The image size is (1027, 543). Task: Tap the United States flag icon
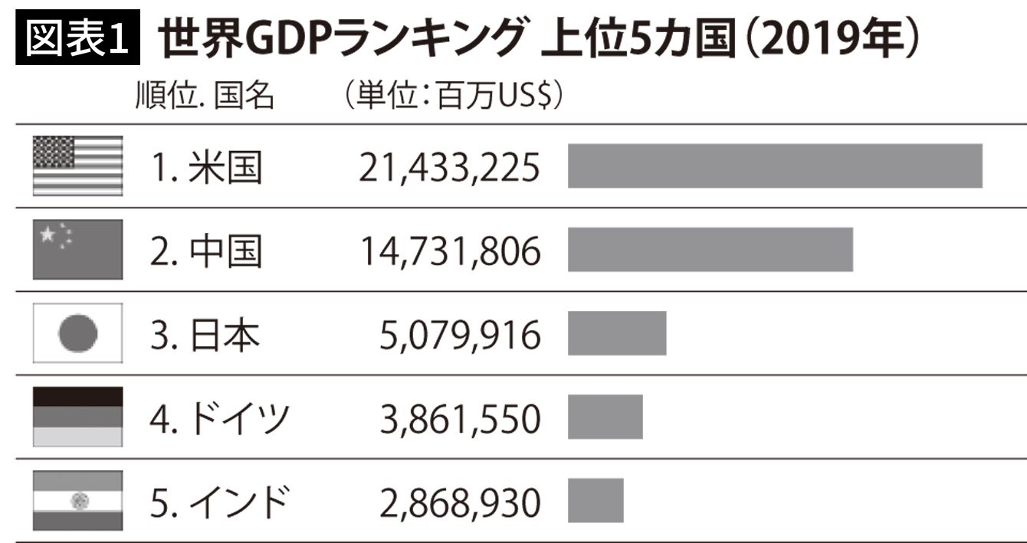(77, 165)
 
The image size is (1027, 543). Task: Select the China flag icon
(77, 249)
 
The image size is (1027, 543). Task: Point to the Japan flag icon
(77, 333)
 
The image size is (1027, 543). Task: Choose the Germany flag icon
(77, 417)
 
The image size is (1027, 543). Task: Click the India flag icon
(77, 501)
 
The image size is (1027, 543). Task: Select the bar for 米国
(774, 165)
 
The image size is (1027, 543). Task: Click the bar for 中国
(710, 249)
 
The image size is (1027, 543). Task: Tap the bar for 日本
(617, 333)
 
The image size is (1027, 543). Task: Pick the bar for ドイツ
(605, 417)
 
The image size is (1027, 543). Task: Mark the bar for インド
(596, 501)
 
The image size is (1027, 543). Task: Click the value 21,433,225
(449, 168)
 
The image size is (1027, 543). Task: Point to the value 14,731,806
(449, 251)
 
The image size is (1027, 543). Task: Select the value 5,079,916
(460, 335)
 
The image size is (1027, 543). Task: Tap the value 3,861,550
(460, 419)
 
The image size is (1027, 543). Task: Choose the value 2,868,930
(460, 503)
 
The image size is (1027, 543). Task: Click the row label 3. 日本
(205, 335)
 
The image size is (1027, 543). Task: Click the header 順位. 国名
(204, 97)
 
